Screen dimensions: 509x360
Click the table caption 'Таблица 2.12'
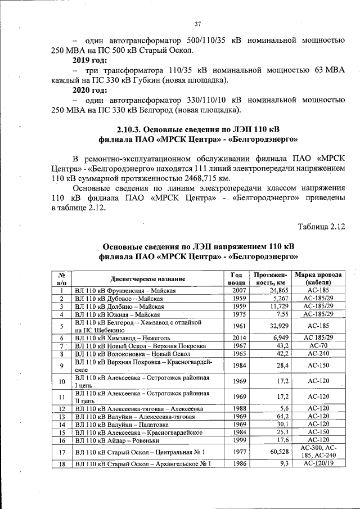pyautogui.click(x=321, y=227)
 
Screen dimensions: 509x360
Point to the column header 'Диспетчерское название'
pyautogui.click(x=148, y=278)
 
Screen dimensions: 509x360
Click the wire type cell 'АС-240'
pyautogui.click(x=318, y=354)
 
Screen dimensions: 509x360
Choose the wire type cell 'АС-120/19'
pyautogui.click(x=318, y=464)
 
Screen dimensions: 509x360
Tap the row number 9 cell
pyautogui.click(x=62, y=366)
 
